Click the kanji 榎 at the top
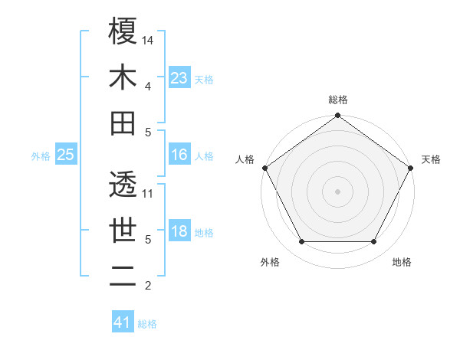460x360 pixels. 123,31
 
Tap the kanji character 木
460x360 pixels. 123,77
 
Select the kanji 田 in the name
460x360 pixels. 123,122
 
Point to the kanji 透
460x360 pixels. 123,183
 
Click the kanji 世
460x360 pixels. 123,230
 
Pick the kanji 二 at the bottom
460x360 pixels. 123,276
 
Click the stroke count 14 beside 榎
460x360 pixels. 149,40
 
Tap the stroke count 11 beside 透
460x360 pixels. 149,193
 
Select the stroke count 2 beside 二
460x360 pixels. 147,286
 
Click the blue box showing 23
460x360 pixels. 179,77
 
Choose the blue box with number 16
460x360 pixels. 179,155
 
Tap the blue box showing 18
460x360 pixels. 179,232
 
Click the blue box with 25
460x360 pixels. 66,155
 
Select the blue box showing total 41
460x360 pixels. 123,322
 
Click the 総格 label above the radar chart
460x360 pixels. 337,100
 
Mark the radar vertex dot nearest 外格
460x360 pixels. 302,242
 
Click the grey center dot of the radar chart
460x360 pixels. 337,191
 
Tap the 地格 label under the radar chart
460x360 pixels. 402,262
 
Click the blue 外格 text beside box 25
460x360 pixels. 41,156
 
